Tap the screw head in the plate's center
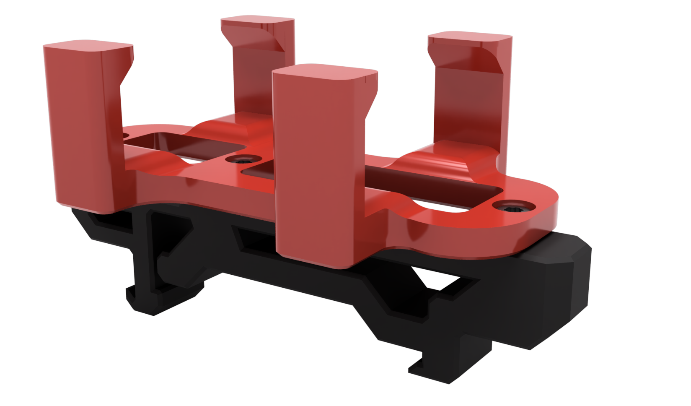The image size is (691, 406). [243, 160]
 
